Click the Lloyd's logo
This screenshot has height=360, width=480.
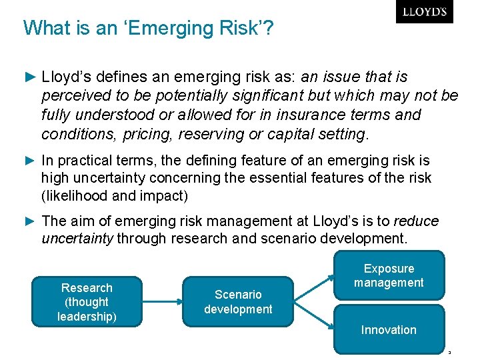424,12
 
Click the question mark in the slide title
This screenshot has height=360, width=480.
269,28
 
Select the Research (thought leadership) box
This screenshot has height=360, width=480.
87,302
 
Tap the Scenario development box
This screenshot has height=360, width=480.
238,302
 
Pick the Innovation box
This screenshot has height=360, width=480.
389,329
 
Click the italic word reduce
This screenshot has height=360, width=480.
416,221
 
